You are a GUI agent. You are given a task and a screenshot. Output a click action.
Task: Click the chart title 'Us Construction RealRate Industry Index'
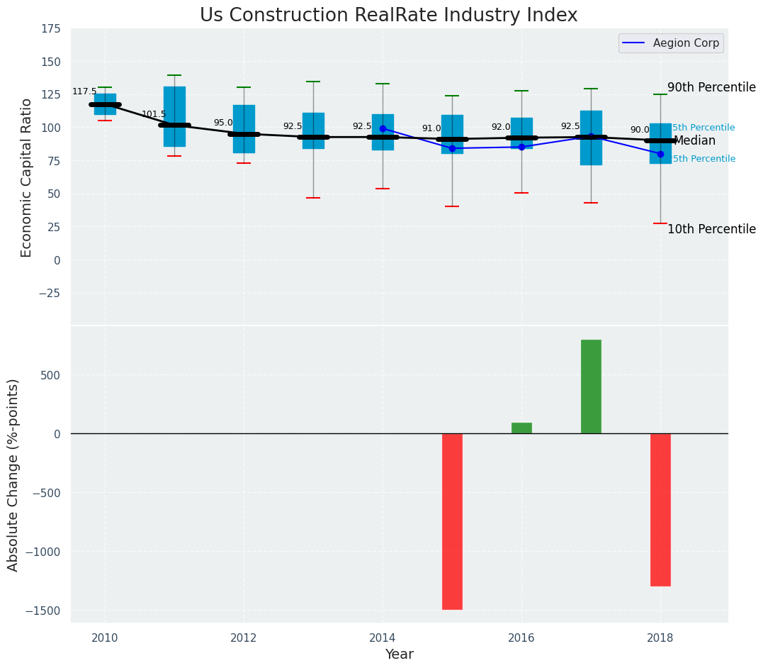click(x=388, y=16)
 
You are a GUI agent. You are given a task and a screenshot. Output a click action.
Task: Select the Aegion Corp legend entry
click(x=671, y=43)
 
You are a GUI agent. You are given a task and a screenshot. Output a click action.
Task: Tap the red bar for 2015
click(x=452, y=521)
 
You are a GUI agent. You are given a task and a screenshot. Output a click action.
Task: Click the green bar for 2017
click(x=591, y=386)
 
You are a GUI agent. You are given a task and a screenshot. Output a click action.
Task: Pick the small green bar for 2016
click(x=521, y=428)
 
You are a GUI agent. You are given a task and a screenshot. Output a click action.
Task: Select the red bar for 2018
click(x=660, y=510)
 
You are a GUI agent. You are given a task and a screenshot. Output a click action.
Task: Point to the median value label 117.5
click(x=84, y=92)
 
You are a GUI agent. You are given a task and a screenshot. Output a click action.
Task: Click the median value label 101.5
click(x=154, y=114)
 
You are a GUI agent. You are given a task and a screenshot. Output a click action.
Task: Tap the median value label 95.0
click(x=223, y=123)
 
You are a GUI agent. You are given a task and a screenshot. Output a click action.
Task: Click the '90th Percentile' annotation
click(x=711, y=87)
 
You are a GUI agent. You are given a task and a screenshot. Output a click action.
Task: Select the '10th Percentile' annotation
click(x=711, y=229)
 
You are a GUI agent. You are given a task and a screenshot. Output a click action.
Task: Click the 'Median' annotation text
click(x=694, y=140)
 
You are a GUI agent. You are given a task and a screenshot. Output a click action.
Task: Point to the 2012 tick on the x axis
click(x=244, y=637)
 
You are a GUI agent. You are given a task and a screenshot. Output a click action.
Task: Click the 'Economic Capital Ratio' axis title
click(x=27, y=177)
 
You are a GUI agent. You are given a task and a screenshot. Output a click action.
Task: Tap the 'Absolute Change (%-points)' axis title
click(x=13, y=474)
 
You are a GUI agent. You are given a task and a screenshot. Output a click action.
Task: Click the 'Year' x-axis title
click(x=399, y=655)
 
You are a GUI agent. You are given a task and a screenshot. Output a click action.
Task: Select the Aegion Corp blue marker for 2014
click(x=383, y=128)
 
